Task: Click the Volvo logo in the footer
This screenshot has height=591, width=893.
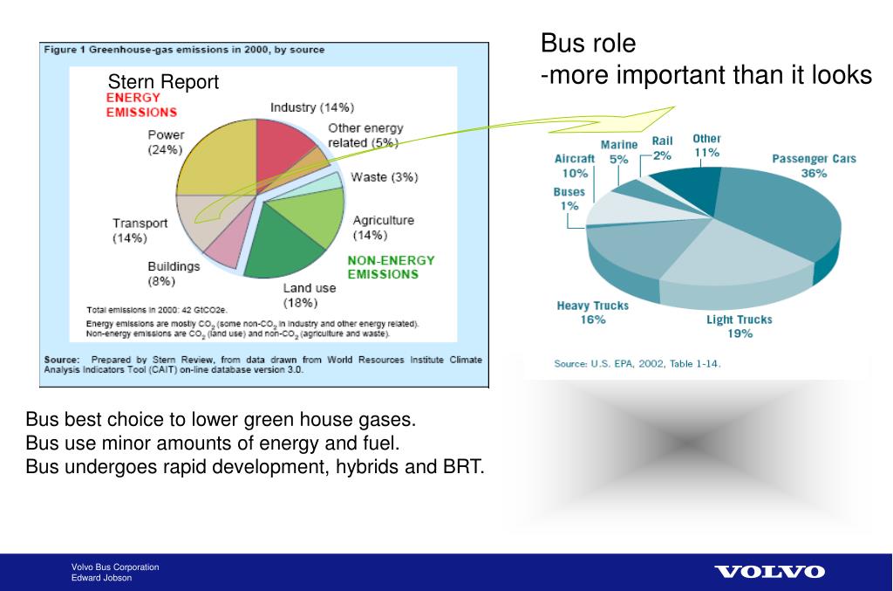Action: (x=769, y=572)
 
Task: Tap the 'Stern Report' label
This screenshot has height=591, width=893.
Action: (x=163, y=83)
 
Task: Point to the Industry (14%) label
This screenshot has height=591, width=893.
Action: (x=311, y=108)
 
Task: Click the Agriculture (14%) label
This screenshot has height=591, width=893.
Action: (x=383, y=228)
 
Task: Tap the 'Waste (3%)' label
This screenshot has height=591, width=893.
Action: (x=384, y=177)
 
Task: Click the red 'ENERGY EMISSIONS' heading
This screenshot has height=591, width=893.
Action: (x=141, y=105)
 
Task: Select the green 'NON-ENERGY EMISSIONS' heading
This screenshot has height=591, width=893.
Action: (x=391, y=267)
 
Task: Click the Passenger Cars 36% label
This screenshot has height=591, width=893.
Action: (x=814, y=166)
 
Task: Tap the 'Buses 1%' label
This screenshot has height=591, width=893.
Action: (x=569, y=199)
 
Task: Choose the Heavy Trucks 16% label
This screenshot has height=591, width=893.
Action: (x=592, y=313)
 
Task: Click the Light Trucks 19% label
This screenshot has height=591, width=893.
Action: (x=740, y=326)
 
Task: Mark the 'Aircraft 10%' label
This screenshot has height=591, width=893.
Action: (x=575, y=166)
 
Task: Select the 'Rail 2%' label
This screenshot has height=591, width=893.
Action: (x=663, y=148)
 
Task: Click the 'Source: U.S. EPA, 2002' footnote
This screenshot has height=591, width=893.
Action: (x=637, y=364)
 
